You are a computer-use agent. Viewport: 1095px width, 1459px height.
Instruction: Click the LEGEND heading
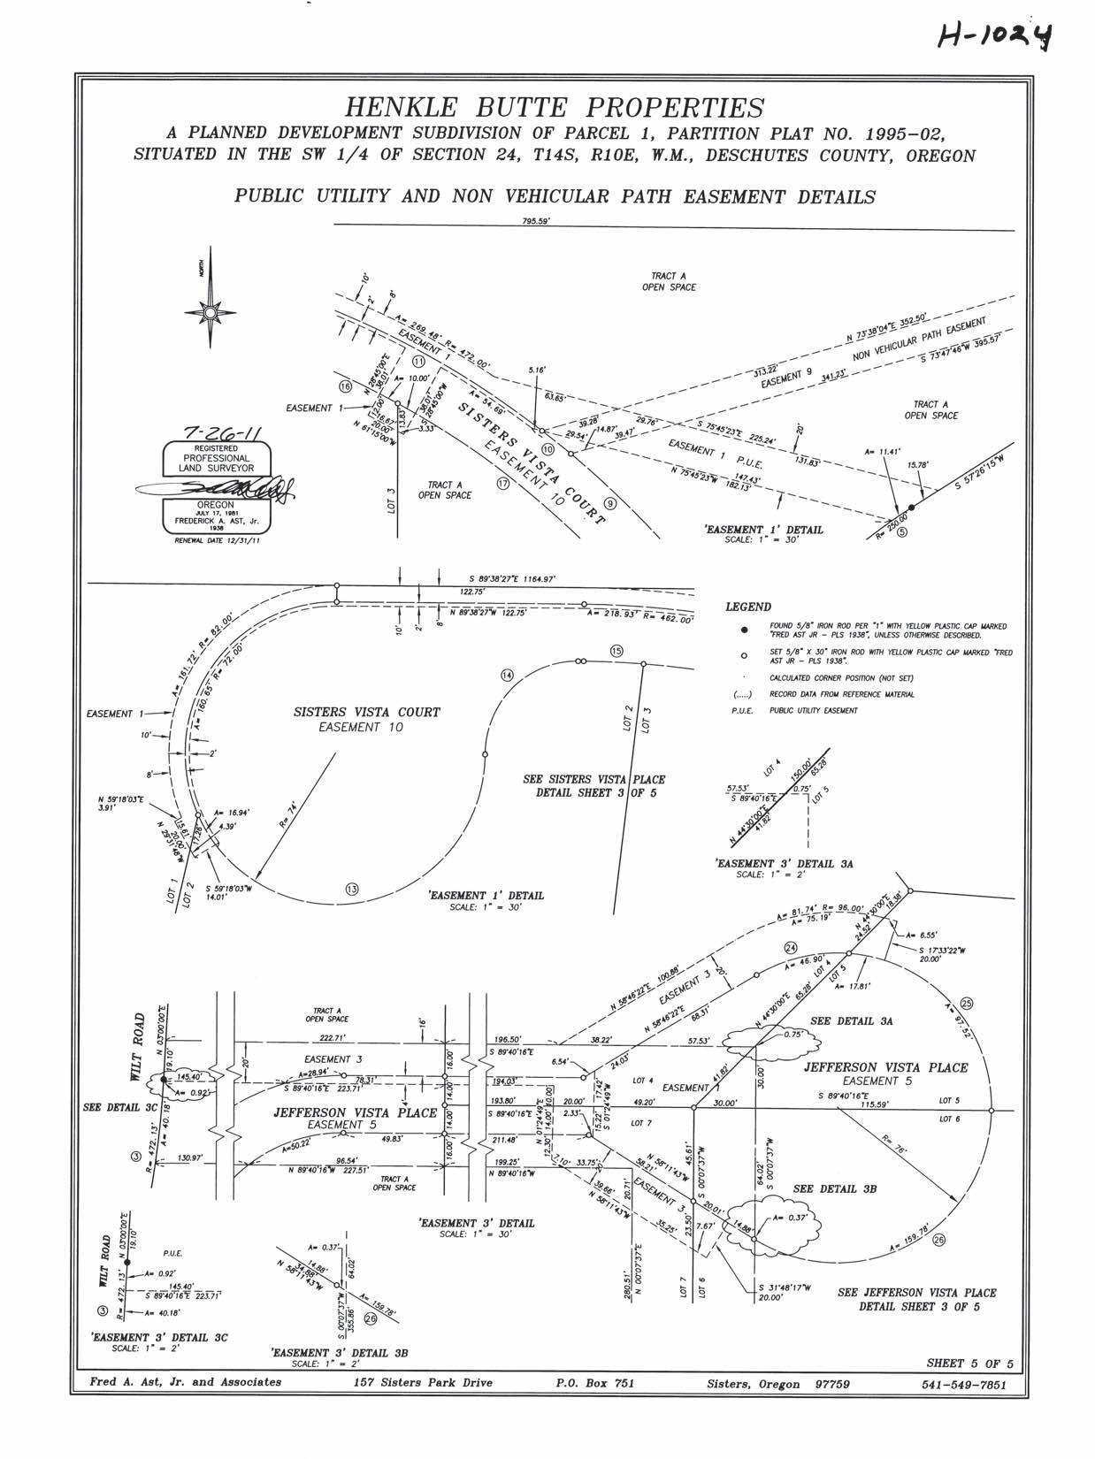tap(748, 607)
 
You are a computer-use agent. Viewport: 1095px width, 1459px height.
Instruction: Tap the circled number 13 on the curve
tap(352, 889)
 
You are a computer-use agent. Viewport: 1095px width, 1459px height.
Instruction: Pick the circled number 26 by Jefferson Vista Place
tap(938, 1240)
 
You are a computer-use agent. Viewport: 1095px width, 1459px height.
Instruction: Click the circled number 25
tap(966, 1003)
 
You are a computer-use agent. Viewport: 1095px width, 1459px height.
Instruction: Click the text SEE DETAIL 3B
tap(835, 1188)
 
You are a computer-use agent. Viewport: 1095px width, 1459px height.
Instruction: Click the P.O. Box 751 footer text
tap(594, 1383)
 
